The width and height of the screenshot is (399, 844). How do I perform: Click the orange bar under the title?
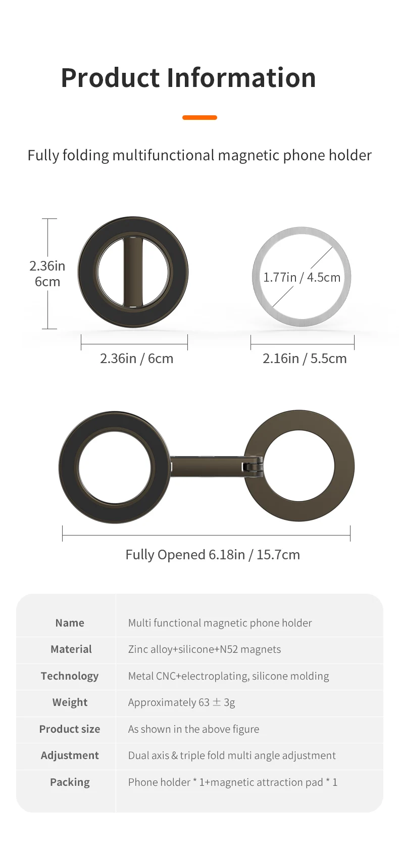pos(199,117)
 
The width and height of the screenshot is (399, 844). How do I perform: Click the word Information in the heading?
pos(241,77)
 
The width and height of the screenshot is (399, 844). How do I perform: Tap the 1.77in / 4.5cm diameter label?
pos(302,277)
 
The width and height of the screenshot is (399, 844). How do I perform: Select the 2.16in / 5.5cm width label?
pos(305,359)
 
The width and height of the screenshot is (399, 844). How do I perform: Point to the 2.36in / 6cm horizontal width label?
pos(137,359)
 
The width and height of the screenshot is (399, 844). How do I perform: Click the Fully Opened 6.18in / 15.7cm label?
pos(213,555)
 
